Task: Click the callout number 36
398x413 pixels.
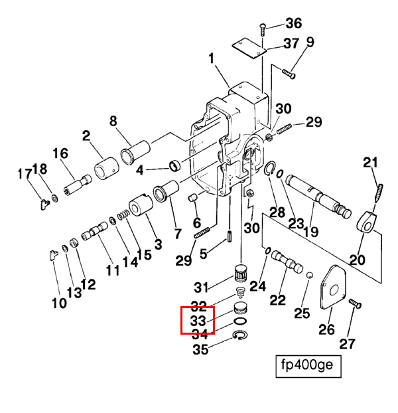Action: coord(294,23)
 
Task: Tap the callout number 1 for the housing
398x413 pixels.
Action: coord(212,58)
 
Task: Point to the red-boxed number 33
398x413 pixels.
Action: coord(198,321)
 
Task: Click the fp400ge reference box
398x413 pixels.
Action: coord(308,367)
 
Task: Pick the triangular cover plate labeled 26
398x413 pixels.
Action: coord(333,287)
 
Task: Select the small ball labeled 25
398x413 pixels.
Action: coord(310,276)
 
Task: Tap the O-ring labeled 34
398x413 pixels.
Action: coord(240,321)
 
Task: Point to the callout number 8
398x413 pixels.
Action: coord(113,121)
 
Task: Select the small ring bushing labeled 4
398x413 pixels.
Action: coord(174,165)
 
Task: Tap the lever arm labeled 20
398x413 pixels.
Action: coord(366,222)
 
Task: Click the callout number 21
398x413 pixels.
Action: coord(370,163)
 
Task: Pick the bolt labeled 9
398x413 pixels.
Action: coord(289,74)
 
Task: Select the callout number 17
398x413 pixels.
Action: coord(25,174)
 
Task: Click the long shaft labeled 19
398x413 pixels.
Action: coord(319,196)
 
